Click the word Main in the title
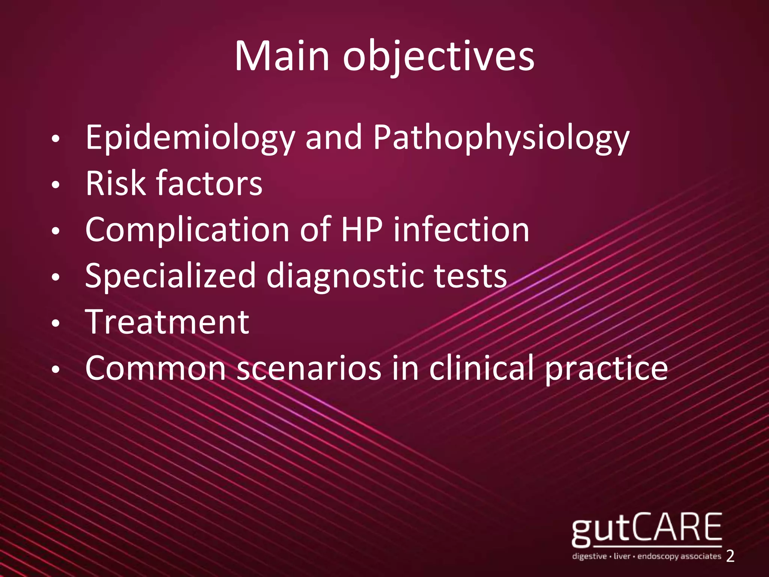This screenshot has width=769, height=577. coord(282,56)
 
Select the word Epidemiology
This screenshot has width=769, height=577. coord(190,138)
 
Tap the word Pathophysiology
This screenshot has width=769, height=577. coord(501,138)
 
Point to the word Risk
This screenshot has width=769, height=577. coord(115,183)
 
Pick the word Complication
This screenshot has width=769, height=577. coord(187,230)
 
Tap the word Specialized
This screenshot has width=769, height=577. coord(170,276)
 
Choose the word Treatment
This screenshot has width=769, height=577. coord(167,322)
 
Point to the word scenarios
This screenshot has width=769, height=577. coord(309,369)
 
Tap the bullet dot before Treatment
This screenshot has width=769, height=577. coord(56,323)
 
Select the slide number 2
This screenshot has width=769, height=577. coord(730,556)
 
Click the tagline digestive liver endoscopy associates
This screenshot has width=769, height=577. coord(646,556)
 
